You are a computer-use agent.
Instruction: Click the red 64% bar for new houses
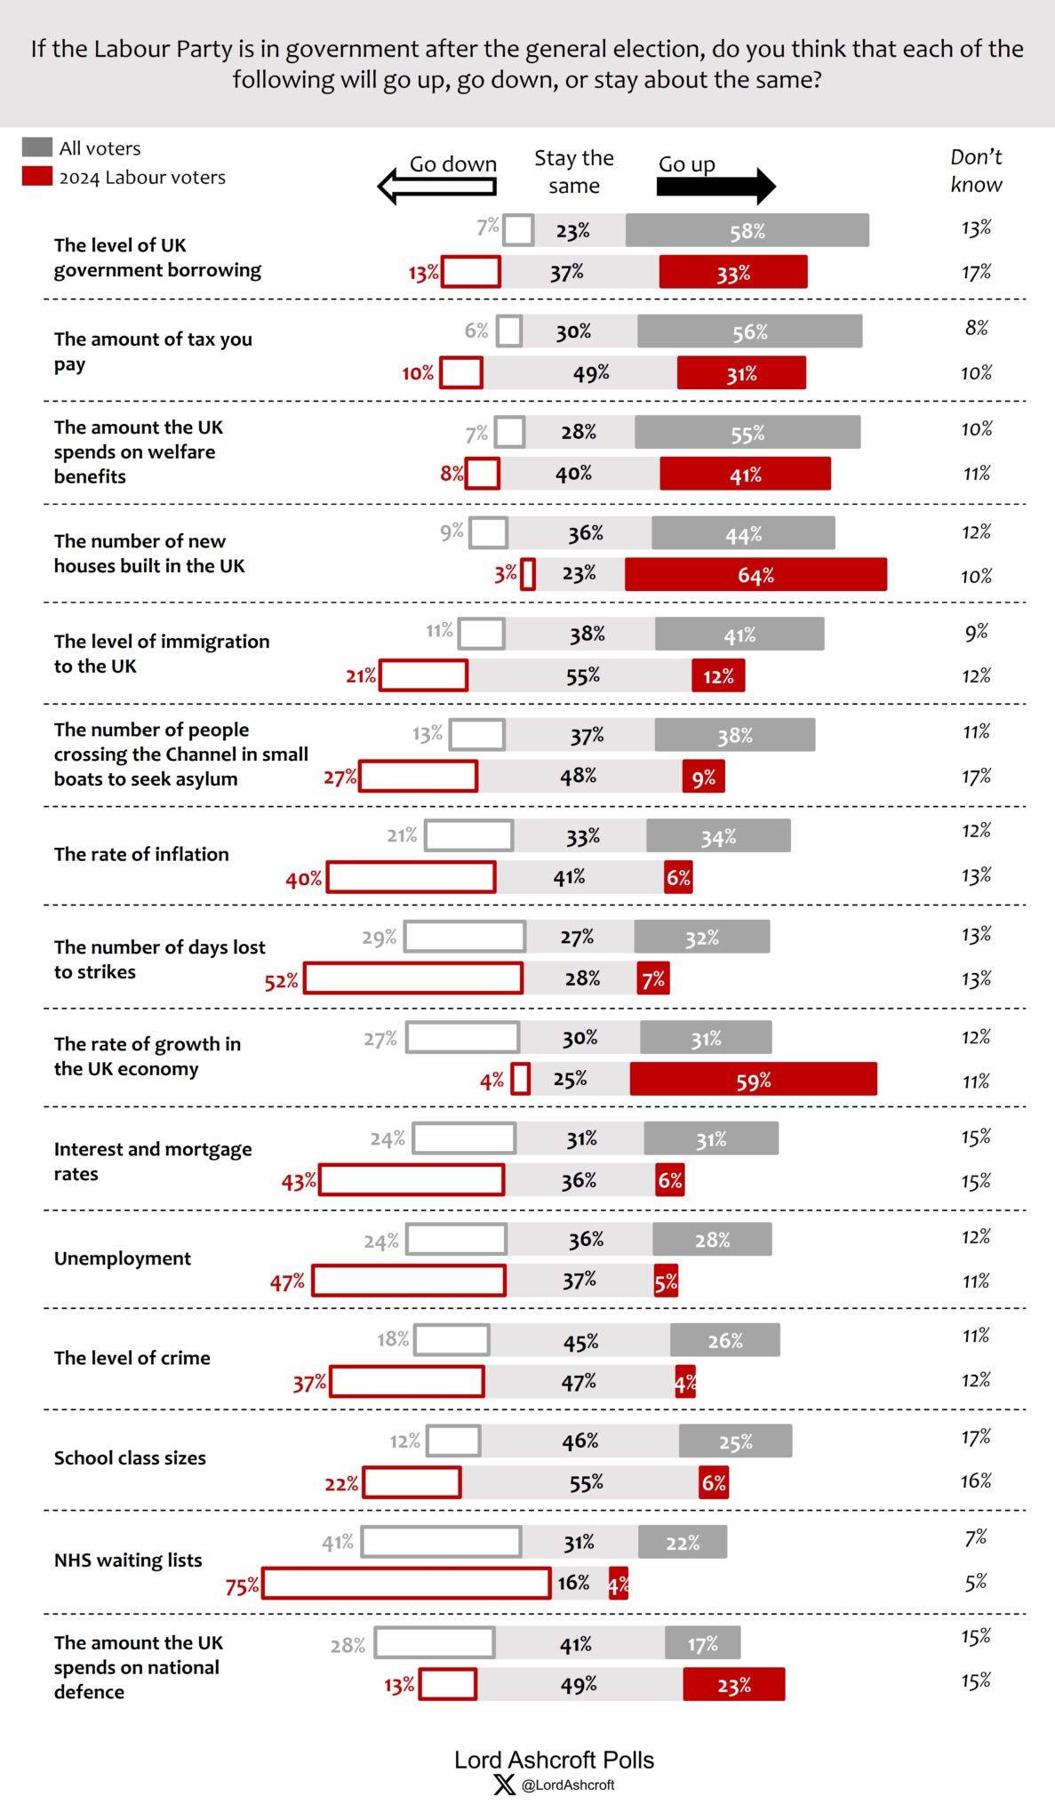[755, 575]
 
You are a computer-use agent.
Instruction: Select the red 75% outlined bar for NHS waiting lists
[406, 1583]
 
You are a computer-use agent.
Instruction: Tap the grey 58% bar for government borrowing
[747, 230]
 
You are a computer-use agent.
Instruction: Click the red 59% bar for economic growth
[753, 1080]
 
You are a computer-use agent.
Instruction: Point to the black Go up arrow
[715, 186]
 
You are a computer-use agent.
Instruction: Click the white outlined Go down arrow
[437, 186]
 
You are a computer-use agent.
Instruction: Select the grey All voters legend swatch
[36, 148]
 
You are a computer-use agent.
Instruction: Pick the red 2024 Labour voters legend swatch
[36, 177]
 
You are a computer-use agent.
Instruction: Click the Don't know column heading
[975, 171]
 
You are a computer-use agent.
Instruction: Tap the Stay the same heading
[573, 172]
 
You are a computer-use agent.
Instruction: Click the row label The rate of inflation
[141, 854]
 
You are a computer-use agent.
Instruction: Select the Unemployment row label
[123, 1258]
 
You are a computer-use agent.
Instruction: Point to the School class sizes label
[130, 1457]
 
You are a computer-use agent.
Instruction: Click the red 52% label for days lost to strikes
[281, 981]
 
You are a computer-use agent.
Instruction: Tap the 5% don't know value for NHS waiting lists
[975, 1582]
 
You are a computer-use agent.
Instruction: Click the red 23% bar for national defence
[733, 1684]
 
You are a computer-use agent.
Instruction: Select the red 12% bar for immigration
[718, 676]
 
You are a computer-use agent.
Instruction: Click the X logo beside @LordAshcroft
[504, 1784]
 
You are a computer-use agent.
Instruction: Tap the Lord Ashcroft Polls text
[554, 1760]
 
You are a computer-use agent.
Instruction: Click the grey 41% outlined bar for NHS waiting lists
[441, 1542]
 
